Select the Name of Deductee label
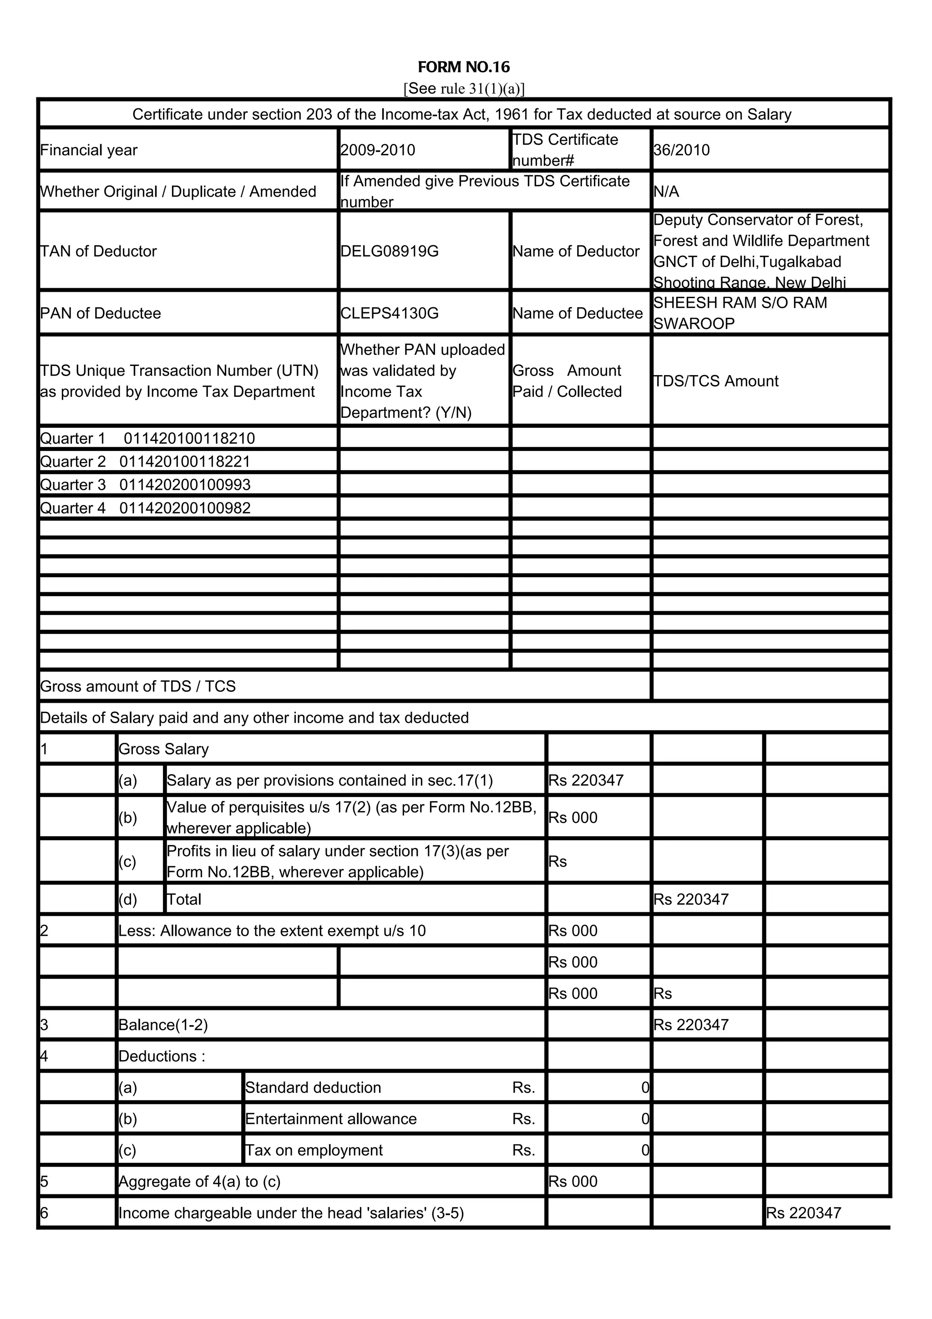[577, 313]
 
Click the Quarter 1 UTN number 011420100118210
[189, 438]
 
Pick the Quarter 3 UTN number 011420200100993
[184, 485]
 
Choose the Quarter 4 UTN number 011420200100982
[184, 508]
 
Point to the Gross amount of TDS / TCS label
[138, 686]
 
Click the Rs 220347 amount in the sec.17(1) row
[586, 780]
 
